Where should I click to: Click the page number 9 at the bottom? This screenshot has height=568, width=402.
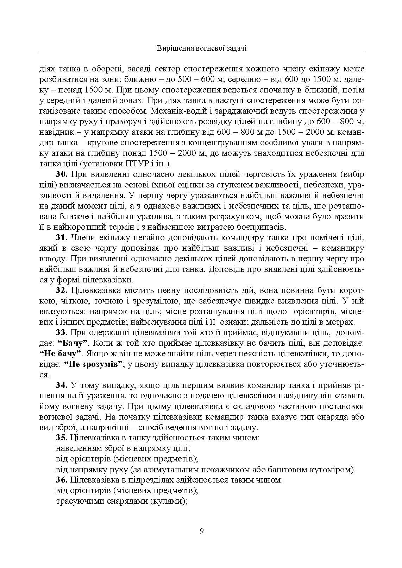(201, 531)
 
